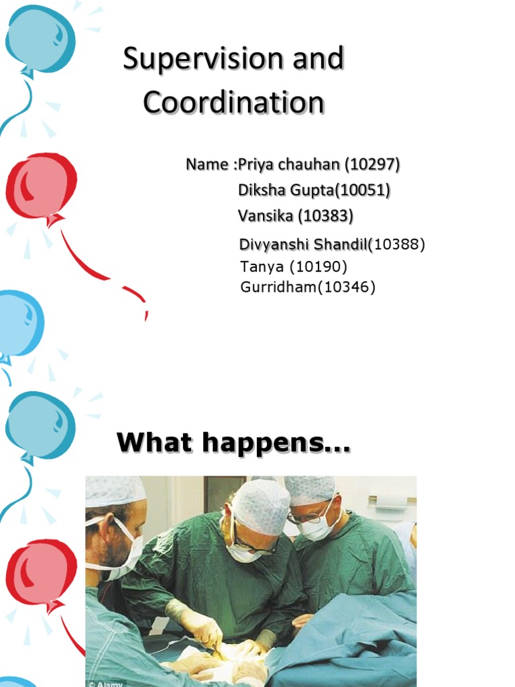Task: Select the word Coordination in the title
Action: point(233,103)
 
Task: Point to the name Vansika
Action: point(265,216)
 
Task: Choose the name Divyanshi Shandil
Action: point(303,245)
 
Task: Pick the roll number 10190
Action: point(319,267)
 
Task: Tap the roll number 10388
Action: point(400,245)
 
